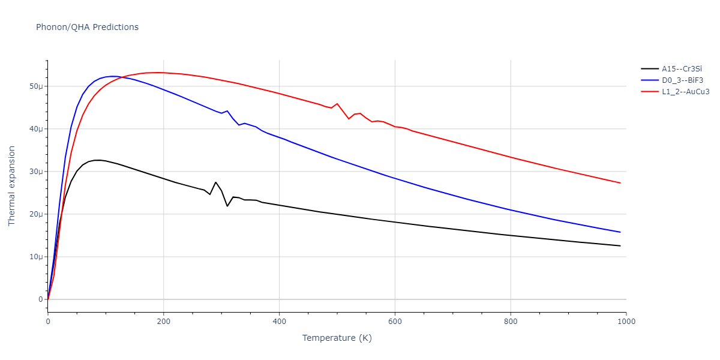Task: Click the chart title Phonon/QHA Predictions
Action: coord(87,27)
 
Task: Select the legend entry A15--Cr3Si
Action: coord(682,69)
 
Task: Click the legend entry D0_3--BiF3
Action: coord(682,80)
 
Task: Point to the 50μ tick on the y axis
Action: coord(37,86)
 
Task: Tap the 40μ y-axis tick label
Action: coord(37,129)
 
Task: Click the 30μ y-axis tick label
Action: coord(37,172)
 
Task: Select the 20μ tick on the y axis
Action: coord(37,214)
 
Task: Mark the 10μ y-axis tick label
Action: coord(37,257)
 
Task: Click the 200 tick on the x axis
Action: coord(163,322)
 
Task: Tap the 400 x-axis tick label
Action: coord(279,322)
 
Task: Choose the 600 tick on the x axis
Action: coord(395,322)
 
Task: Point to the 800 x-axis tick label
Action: coord(511,322)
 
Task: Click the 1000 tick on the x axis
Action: coord(626,322)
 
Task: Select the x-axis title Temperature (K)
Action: coord(337,338)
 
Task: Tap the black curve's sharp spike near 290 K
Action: coord(215,182)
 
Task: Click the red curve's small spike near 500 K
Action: coord(337,104)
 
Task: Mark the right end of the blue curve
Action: coord(620,232)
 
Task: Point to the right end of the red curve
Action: coord(620,183)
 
